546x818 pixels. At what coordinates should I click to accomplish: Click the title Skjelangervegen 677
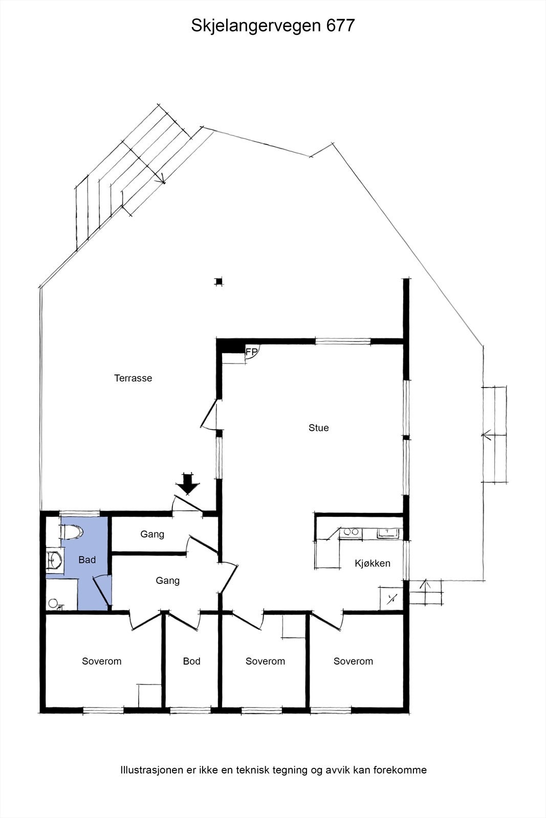(273, 26)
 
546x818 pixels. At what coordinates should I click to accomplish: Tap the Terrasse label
(133, 378)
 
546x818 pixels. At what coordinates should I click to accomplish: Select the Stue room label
(318, 428)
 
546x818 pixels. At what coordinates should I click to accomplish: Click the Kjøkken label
(373, 563)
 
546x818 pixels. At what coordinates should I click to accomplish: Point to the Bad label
(87, 560)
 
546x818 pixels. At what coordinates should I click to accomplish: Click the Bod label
(191, 661)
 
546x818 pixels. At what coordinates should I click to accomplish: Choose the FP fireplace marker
(252, 352)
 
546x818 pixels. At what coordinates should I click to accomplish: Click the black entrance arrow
(189, 484)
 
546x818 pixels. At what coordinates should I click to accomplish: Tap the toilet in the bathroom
(71, 532)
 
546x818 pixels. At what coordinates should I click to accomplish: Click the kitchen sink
(387, 533)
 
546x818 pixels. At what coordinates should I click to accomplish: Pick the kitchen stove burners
(351, 532)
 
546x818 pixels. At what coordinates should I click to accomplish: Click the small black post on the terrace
(219, 281)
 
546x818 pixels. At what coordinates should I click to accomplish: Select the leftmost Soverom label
(101, 661)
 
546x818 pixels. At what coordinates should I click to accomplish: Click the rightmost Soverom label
(353, 661)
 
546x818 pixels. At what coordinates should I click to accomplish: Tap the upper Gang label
(152, 534)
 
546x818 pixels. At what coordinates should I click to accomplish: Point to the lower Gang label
(167, 581)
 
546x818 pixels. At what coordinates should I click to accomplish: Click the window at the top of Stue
(342, 341)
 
